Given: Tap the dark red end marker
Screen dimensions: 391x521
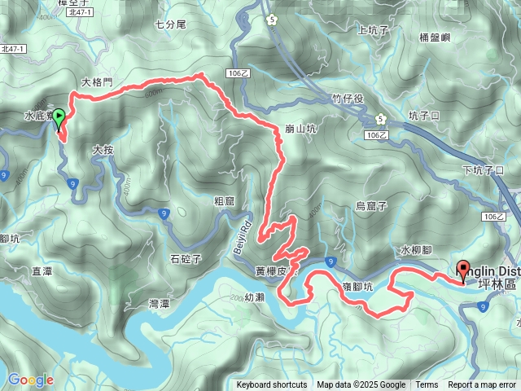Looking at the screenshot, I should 463,268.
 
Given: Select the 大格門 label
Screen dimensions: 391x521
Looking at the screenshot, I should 97,83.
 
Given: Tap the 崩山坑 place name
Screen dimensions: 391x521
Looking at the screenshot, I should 300,129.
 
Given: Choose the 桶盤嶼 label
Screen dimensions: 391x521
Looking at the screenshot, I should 436,37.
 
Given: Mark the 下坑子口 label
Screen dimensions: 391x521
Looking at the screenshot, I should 483,169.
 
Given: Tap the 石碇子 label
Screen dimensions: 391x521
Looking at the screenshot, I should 186,259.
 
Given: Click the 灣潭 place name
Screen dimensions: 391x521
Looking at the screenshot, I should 160,303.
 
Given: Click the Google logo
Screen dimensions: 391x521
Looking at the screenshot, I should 30,380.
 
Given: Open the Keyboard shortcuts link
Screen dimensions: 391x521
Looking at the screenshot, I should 272,385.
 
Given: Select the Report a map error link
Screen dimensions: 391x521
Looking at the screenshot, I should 482,385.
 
